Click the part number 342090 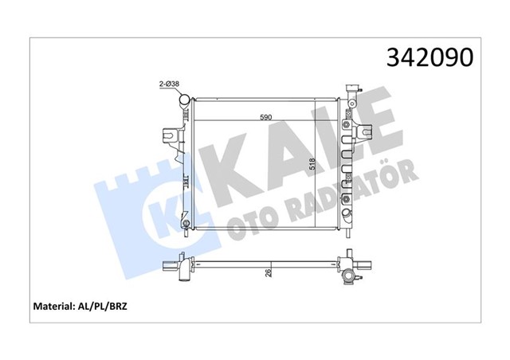pyautogui.click(x=430, y=57)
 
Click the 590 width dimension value pyautogui.click(x=266, y=118)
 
